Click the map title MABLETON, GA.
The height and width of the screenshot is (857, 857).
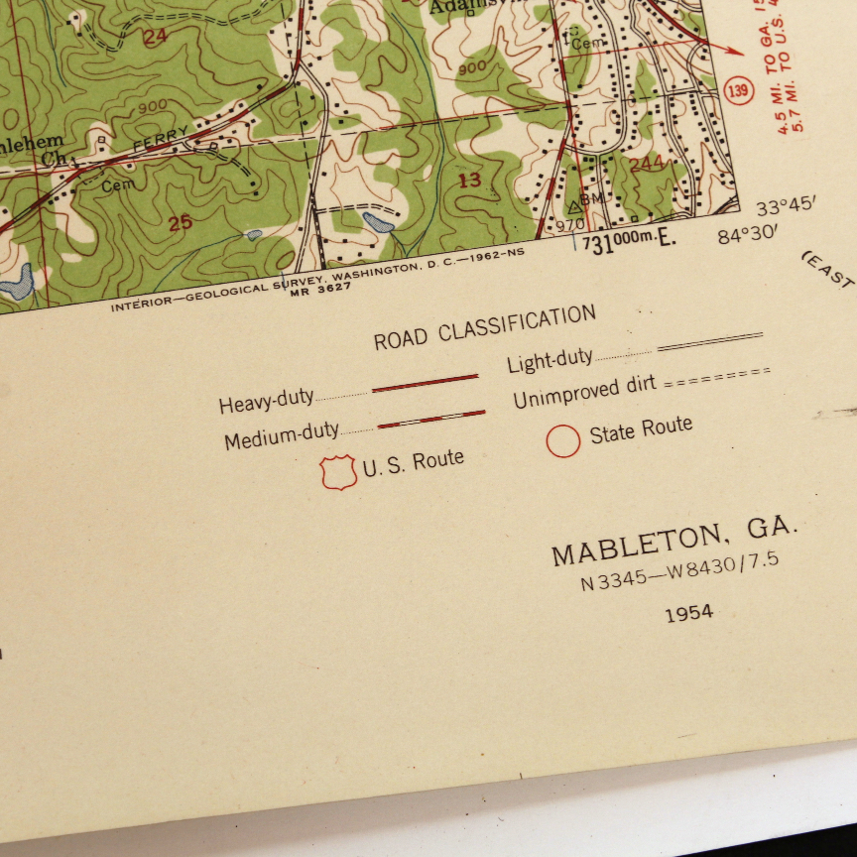674,543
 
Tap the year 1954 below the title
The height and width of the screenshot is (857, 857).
688,613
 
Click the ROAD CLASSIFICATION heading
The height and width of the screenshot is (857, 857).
484,328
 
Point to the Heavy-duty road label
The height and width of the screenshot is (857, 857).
266,401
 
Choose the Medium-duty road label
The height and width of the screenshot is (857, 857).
281,436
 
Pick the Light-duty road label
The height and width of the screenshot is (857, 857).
550,361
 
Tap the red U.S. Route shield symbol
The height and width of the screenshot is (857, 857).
339,472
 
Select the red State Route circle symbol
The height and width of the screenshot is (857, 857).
562,440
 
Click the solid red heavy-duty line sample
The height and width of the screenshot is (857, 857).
425,383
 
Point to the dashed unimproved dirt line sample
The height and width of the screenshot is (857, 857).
717,375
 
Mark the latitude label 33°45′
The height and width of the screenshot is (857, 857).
786,207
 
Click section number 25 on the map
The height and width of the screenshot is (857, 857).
180,223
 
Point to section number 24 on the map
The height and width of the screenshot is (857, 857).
155,39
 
